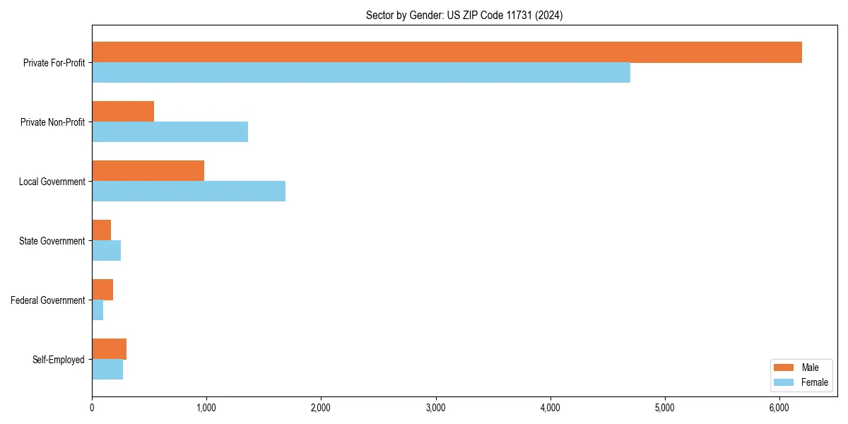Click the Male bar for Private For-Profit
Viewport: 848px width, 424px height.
coord(447,52)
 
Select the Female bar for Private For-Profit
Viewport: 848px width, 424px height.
coord(360,73)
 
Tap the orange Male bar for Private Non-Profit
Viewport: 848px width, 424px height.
coord(123,112)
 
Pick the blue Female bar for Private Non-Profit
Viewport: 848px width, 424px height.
coord(170,132)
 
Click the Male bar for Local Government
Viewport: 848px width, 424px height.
coord(148,171)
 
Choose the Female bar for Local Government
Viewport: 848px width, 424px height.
coord(189,192)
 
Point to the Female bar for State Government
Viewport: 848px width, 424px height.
coord(106,251)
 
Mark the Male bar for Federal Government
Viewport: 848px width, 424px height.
coord(102,290)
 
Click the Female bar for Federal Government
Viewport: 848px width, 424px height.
coord(98,310)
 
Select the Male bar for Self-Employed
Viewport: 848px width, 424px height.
coord(109,349)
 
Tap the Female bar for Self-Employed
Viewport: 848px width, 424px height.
coord(107,370)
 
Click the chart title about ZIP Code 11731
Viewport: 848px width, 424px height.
coord(464,15)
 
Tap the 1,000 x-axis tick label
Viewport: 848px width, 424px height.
coord(206,408)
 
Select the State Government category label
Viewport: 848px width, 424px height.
coord(52,241)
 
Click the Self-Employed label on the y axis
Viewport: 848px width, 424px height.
coord(58,360)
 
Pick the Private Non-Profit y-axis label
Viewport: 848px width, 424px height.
coord(52,122)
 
